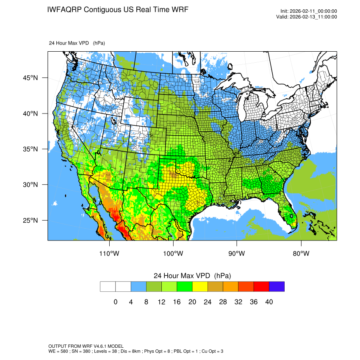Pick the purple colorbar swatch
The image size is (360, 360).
click(x=277, y=287)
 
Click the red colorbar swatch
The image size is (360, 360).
click(x=261, y=287)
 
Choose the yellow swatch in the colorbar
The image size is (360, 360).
click(x=200, y=287)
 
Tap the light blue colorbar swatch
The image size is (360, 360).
click(x=138, y=287)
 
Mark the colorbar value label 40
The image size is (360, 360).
click(x=269, y=302)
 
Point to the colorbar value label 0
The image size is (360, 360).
click(x=116, y=302)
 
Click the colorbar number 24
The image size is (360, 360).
click(x=208, y=302)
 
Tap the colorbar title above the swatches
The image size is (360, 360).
click(x=192, y=276)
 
